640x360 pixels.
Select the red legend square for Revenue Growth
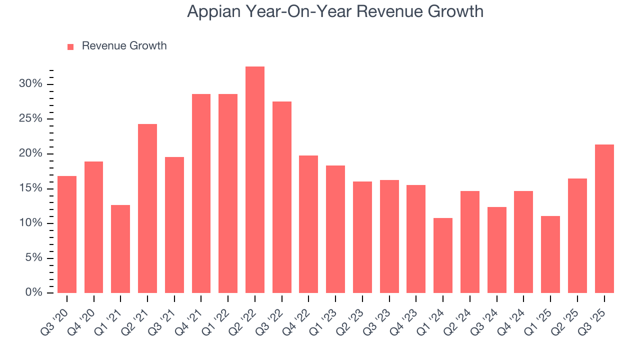point(70,46)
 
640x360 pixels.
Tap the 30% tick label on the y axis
point(30,83)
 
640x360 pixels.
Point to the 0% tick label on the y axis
point(33,292)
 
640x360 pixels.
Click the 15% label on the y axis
point(30,188)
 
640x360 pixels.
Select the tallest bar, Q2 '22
point(254,180)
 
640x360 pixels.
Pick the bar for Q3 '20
point(67,234)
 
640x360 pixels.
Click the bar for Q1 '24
point(442,255)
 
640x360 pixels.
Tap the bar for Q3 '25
point(604,219)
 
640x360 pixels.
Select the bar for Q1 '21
point(120,249)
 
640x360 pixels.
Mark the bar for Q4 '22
point(308,224)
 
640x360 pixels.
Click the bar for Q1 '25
point(550,254)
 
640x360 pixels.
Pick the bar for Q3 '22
point(281,197)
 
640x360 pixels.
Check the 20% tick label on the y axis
point(30,153)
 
